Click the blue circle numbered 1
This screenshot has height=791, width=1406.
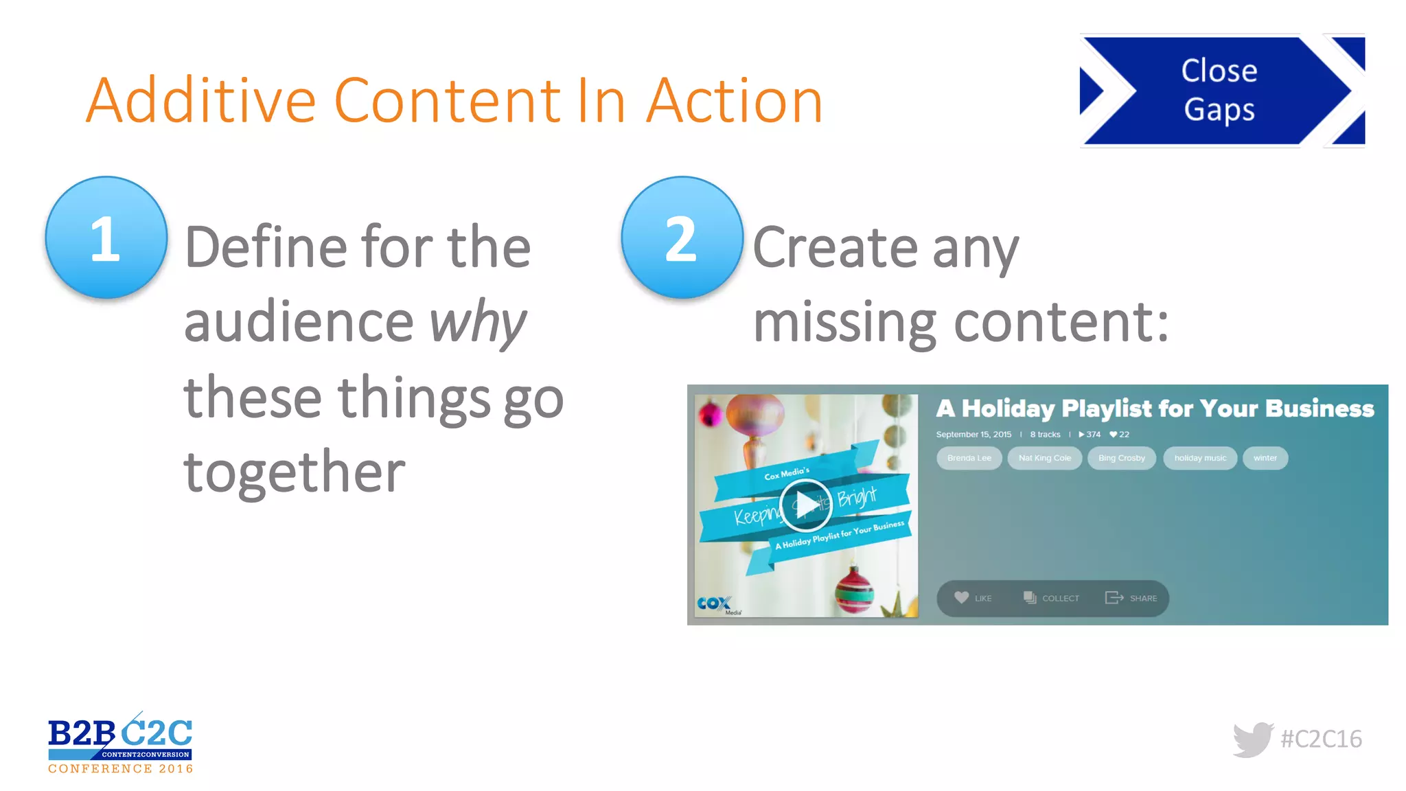click(106, 238)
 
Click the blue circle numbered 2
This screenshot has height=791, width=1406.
click(682, 238)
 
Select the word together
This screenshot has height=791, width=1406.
click(295, 472)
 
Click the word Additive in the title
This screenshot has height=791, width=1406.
click(200, 101)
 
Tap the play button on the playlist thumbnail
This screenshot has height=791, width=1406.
click(806, 505)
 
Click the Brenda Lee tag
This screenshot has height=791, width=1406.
click(969, 458)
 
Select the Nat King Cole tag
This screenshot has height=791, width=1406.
click(1044, 458)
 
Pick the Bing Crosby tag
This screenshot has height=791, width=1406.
click(1121, 458)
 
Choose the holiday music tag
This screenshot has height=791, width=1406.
click(1199, 458)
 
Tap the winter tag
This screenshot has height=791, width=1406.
click(1265, 458)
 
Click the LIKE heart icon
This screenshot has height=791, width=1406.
click(962, 597)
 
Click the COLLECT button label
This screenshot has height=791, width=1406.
click(1060, 598)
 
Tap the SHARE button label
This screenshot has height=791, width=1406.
click(1143, 598)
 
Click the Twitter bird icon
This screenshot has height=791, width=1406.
click(1253, 739)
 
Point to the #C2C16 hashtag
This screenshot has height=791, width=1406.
click(1321, 739)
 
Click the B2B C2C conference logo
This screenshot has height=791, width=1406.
click(120, 744)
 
